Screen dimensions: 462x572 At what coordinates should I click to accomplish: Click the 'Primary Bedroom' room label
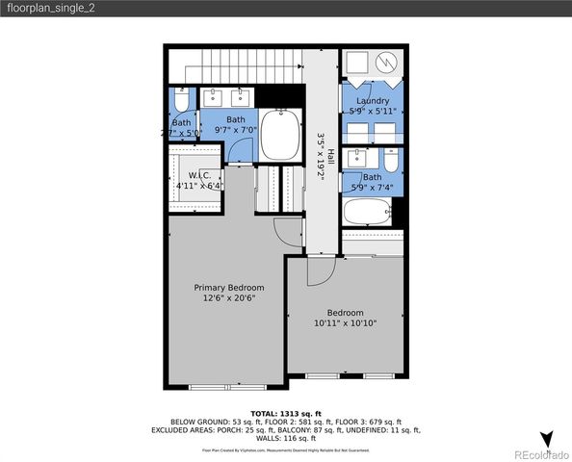[x=228, y=288]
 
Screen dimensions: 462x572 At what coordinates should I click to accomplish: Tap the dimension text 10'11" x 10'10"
[x=345, y=323]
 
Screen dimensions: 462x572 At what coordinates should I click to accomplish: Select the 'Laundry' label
[x=372, y=101]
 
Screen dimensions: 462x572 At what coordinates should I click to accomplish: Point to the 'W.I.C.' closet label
[x=199, y=174]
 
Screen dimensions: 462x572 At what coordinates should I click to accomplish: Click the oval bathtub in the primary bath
[x=281, y=135]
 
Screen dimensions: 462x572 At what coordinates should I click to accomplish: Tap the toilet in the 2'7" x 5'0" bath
[x=182, y=100]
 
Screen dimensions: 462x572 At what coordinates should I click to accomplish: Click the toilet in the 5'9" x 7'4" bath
[x=389, y=159]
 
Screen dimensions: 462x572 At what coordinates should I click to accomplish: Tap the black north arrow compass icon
[x=546, y=440]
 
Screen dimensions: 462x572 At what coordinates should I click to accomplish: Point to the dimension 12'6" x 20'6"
[x=228, y=299]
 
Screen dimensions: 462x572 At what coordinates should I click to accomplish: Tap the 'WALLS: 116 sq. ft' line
[x=285, y=439]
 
